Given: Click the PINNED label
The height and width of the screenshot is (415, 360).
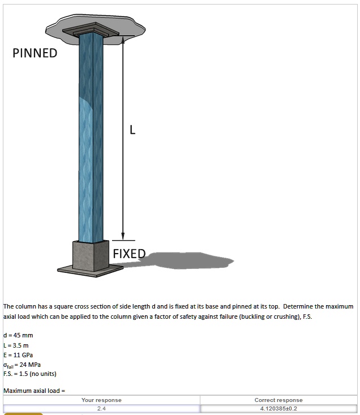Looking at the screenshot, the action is click(x=35, y=53).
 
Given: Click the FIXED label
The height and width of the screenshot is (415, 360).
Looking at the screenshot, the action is click(x=129, y=253).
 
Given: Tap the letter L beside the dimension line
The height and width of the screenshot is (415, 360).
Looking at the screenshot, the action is click(x=132, y=131).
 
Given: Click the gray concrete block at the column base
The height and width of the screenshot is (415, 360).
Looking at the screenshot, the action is click(x=90, y=255).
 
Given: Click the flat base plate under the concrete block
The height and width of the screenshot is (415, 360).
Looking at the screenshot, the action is click(x=91, y=271).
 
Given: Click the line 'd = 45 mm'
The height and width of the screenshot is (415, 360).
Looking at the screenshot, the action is click(x=18, y=335).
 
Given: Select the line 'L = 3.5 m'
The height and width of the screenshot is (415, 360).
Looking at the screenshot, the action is click(x=16, y=345).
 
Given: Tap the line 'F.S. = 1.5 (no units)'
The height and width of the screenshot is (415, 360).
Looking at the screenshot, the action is click(x=30, y=374).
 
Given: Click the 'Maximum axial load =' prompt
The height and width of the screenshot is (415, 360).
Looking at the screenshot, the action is click(x=35, y=391).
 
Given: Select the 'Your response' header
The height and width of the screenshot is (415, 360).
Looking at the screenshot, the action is click(x=101, y=400).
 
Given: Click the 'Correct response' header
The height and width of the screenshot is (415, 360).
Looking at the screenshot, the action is click(x=278, y=400).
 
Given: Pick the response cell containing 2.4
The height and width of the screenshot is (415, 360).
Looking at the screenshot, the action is click(x=101, y=408).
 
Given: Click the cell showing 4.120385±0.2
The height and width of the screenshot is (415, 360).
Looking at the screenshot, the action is click(x=278, y=408).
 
